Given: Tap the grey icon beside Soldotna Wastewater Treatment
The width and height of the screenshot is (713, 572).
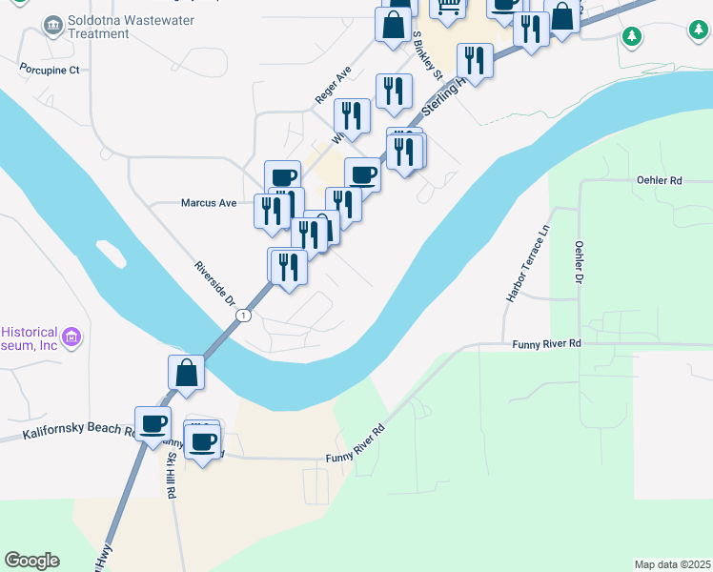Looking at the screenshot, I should [53, 22].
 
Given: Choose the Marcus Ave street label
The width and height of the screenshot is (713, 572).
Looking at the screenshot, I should [209, 203].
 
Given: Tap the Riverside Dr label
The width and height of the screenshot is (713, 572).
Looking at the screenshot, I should [215, 283].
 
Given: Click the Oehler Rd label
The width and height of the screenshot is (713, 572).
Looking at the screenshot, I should [660, 180].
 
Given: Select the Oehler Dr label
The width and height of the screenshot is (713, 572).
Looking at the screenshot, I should [579, 261].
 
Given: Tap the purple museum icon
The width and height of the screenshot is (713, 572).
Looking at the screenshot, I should [71, 337].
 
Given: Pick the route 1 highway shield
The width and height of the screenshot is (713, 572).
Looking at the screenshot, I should [245, 316].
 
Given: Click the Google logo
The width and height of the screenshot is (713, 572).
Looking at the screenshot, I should [31, 561].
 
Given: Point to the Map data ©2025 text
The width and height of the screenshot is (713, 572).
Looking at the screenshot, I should [672, 564].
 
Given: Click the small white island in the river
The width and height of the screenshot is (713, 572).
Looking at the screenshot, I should [111, 254].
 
